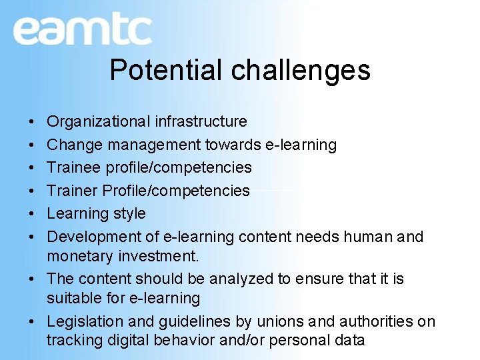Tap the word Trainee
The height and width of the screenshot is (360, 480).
pyautogui.click(x=73, y=167)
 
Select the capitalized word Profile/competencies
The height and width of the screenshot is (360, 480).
pyautogui.click(x=176, y=191)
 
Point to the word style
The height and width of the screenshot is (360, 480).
pyautogui.click(x=129, y=214)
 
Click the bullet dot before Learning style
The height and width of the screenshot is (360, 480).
pyautogui.click(x=33, y=214)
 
